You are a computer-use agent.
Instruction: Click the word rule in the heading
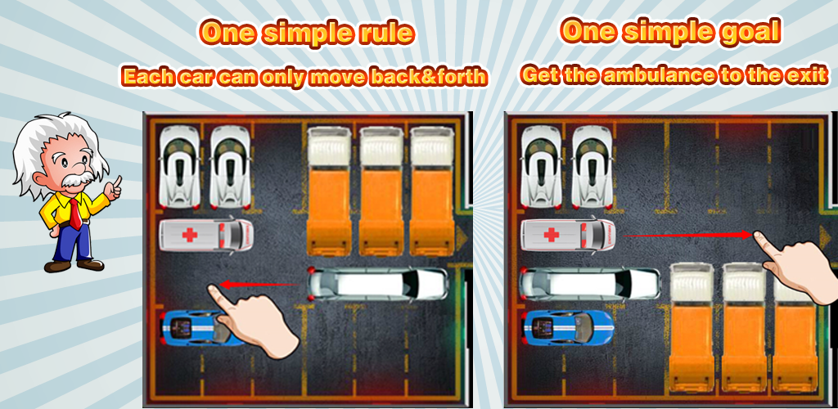(385, 34)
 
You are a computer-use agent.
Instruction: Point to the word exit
(808, 74)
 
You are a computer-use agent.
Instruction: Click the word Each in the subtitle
(147, 78)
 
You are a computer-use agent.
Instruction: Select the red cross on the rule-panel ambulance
(190, 235)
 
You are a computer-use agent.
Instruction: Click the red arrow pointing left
(259, 285)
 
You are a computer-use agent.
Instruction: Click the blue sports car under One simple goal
(568, 326)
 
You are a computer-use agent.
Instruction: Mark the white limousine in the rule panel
(377, 284)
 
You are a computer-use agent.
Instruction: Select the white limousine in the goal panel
(591, 284)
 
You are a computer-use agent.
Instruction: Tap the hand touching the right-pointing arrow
(796, 267)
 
